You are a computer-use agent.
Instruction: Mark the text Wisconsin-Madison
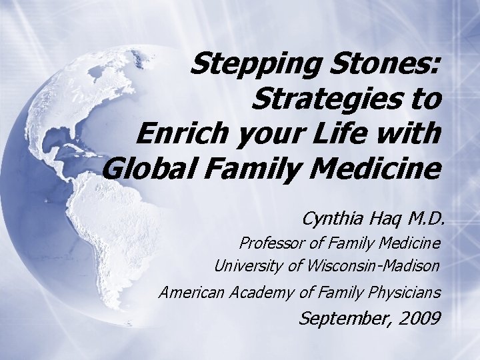[x=374, y=266]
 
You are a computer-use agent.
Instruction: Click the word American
[x=192, y=291]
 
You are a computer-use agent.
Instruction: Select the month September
[x=341, y=318]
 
